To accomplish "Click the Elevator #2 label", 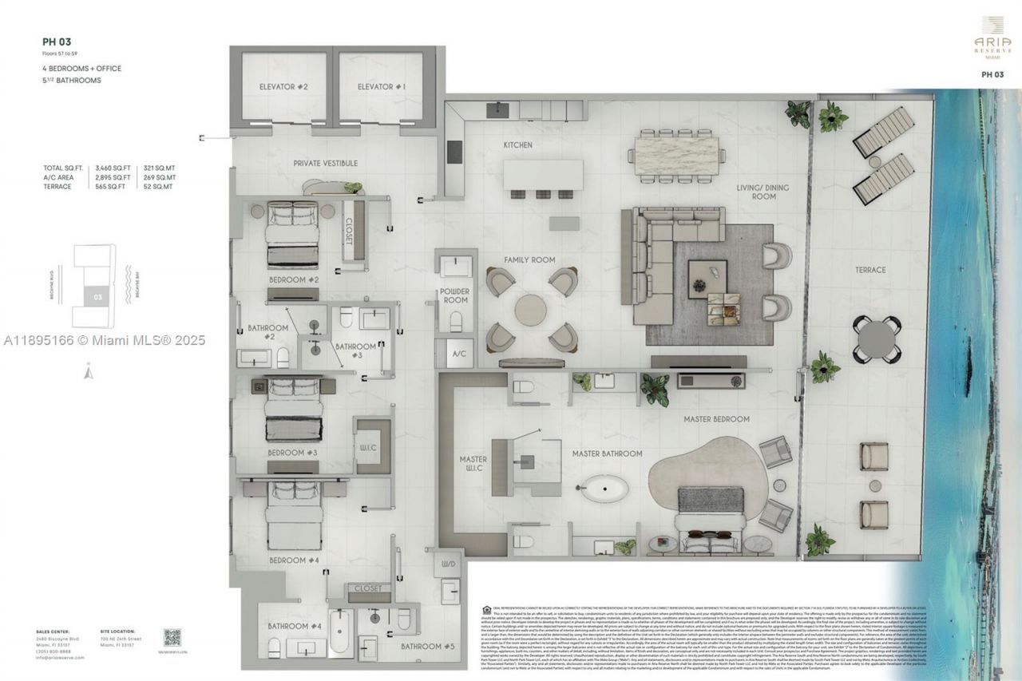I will coord(283,86).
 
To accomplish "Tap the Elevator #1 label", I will coord(381,86).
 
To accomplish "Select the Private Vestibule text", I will coord(326,163).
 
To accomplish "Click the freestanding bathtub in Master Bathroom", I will coord(604,488).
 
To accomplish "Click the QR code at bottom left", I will coord(172,637).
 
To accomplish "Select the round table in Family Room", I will coord(531,311).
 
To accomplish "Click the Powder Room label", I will coord(454,296).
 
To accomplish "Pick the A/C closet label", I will coord(459,353).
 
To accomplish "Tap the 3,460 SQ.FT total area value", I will coord(112,168).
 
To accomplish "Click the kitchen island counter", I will coord(543,174).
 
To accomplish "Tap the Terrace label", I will coord(870,270).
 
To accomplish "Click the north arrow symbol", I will coord(89,370).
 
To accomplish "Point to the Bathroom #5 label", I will coord(427,646).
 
